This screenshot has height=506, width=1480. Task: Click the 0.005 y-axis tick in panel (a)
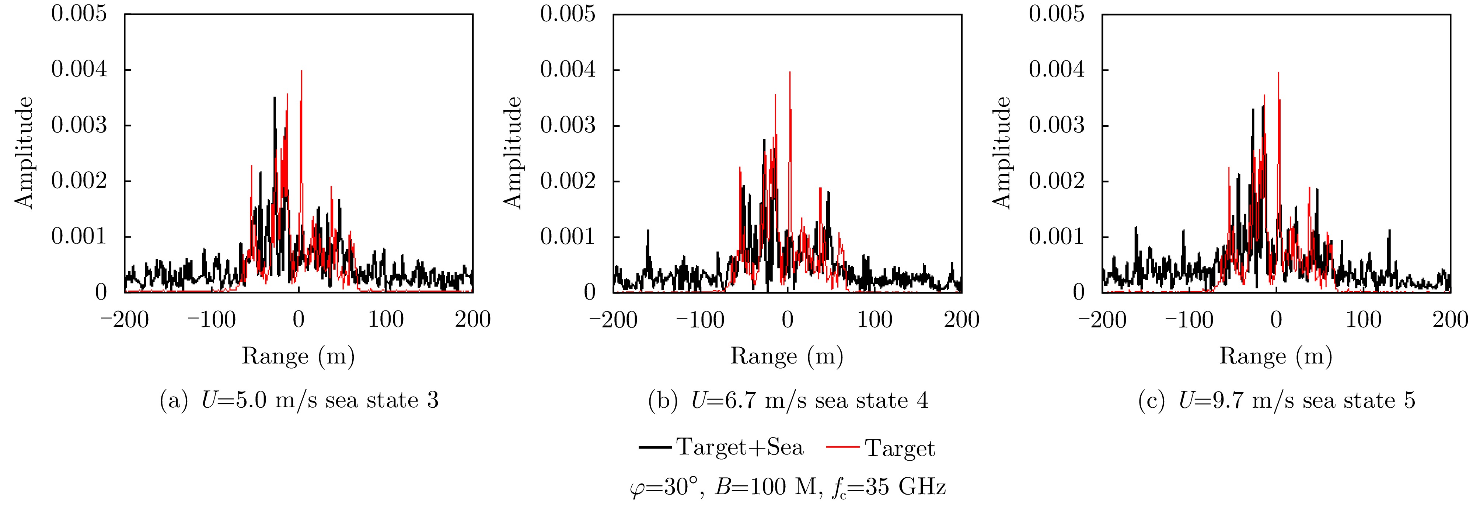pyautogui.click(x=79, y=13)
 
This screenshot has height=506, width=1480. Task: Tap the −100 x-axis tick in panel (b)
pyautogui.click(x=700, y=319)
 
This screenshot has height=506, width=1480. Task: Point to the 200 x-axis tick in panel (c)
pyautogui.click(x=1450, y=319)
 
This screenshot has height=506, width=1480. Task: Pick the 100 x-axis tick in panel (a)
pyautogui.click(x=385, y=319)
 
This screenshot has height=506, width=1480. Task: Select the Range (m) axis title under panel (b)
pyautogui.click(x=786, y=356)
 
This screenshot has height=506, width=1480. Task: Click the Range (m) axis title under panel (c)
pyautogui.click(x=1275, y=356)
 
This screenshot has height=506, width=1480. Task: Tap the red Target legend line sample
pyautogui.click(x=842, y=447)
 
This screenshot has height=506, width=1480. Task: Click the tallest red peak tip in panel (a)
pyautogui.click(x=301, y=71)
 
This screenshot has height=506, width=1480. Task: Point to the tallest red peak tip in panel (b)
pyautogui.click(x=790, y=73)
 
